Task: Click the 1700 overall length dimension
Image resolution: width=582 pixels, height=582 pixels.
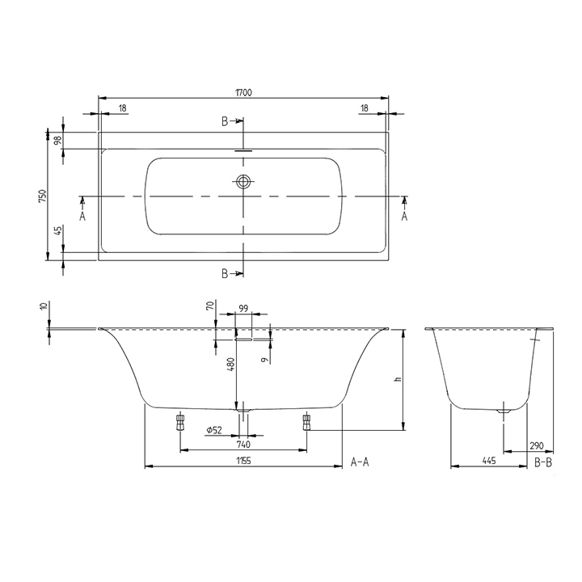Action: click(x=243, y=93)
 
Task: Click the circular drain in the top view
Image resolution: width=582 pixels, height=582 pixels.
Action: click(x=243, y=181)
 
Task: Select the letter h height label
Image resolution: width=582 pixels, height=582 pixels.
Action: click(x=397, y=379)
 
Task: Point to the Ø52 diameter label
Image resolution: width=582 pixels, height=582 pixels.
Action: click(x=213, y=431)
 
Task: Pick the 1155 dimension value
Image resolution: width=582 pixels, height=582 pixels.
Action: click(x=242, y=461)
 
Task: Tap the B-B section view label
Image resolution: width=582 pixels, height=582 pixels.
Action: click(x=544, y=462)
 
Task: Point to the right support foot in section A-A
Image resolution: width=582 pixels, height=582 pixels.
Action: click(x=306, y=420)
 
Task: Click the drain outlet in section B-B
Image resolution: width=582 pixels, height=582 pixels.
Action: click(x=504, y=411)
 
